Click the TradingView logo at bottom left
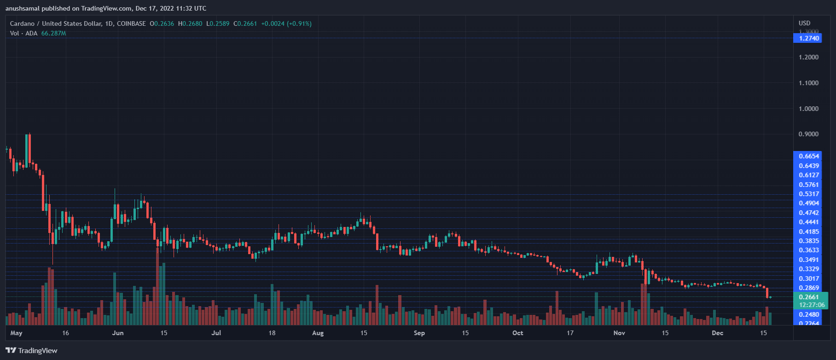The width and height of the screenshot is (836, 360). click(x=32, y=351)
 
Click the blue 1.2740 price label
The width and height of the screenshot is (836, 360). click(x=809, y=38)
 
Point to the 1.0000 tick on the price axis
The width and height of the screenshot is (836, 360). click(x=809, y=109)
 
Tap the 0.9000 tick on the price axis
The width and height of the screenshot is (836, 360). click(x=809, y=134)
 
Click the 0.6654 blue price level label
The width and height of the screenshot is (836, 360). click(x=809, y=156)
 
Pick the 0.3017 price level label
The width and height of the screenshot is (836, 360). click(x=809, y=279)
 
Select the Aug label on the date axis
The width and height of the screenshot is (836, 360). click(x=318, y=333)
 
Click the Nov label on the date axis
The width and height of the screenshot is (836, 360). click(x=619, y=333)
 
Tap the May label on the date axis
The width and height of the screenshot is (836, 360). click(x=16, y=333)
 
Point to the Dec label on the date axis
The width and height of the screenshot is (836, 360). click(x=717, y=333)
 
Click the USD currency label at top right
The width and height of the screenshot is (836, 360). click(x=804, y=23)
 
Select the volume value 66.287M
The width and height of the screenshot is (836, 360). click(x=53, y=33)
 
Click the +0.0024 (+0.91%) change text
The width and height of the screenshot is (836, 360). click(x=286, y=23)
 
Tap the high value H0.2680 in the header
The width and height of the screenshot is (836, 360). click(x=190, y=23)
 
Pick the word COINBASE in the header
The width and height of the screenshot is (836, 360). click(x=131, y=23)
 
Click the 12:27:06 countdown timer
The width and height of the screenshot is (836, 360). click(x=812, y=305)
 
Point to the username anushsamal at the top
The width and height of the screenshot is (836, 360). click(x=23, y=8)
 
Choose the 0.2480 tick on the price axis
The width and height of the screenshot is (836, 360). click(x=809, y=314)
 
